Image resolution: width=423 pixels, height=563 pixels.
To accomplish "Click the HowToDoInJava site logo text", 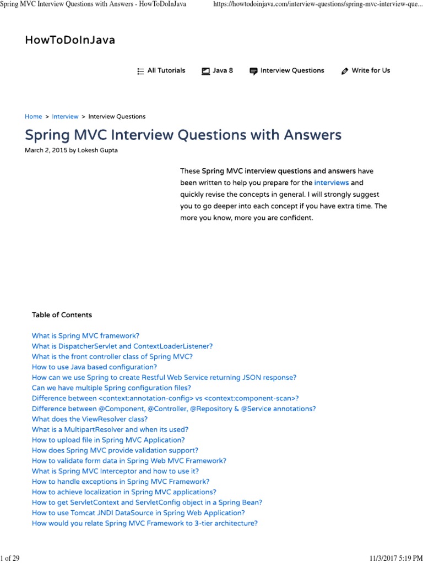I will (70, 40).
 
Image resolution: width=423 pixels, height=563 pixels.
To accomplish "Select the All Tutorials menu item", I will (166, 70).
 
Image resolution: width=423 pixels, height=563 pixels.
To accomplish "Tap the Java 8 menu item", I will (223, 70).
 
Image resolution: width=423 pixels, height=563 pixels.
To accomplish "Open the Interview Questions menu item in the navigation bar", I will (292, 70).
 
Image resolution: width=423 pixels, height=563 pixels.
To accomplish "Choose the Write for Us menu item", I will (371, 70).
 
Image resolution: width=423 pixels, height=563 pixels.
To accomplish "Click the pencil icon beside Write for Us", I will (345, 71).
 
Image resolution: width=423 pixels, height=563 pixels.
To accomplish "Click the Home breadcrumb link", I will (33, 117).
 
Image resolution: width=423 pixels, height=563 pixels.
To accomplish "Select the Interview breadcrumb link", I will (65, 117).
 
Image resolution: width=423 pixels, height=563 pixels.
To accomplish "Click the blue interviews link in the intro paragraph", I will (331, 183).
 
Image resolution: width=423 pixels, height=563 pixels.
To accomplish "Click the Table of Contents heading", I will (62, 315).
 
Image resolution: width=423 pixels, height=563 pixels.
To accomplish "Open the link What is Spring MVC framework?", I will (85, 335).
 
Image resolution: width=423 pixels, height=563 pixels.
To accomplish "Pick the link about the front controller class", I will (112, 356).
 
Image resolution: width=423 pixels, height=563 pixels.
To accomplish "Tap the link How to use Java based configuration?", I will (94, 367).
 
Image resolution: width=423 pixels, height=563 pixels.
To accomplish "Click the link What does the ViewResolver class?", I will (90, 419).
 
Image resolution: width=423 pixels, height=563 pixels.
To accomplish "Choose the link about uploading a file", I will (109, 440).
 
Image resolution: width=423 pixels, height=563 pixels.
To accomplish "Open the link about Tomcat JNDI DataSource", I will (138, 513).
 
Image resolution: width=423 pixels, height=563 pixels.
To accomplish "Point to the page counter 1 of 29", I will (10, 558).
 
